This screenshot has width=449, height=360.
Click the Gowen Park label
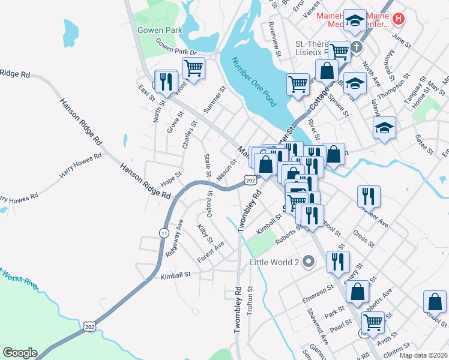159,29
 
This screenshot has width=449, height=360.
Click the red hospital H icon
399,19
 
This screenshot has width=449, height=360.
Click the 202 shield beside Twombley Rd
251,179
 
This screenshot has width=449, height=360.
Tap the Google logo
20,353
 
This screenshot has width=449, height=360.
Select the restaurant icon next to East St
166,80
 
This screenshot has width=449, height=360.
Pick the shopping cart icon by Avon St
373,321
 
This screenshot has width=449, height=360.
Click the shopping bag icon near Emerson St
358,292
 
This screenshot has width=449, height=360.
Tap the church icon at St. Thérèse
356,47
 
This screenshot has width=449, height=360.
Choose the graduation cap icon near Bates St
384,127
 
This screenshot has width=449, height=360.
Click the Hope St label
171,181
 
